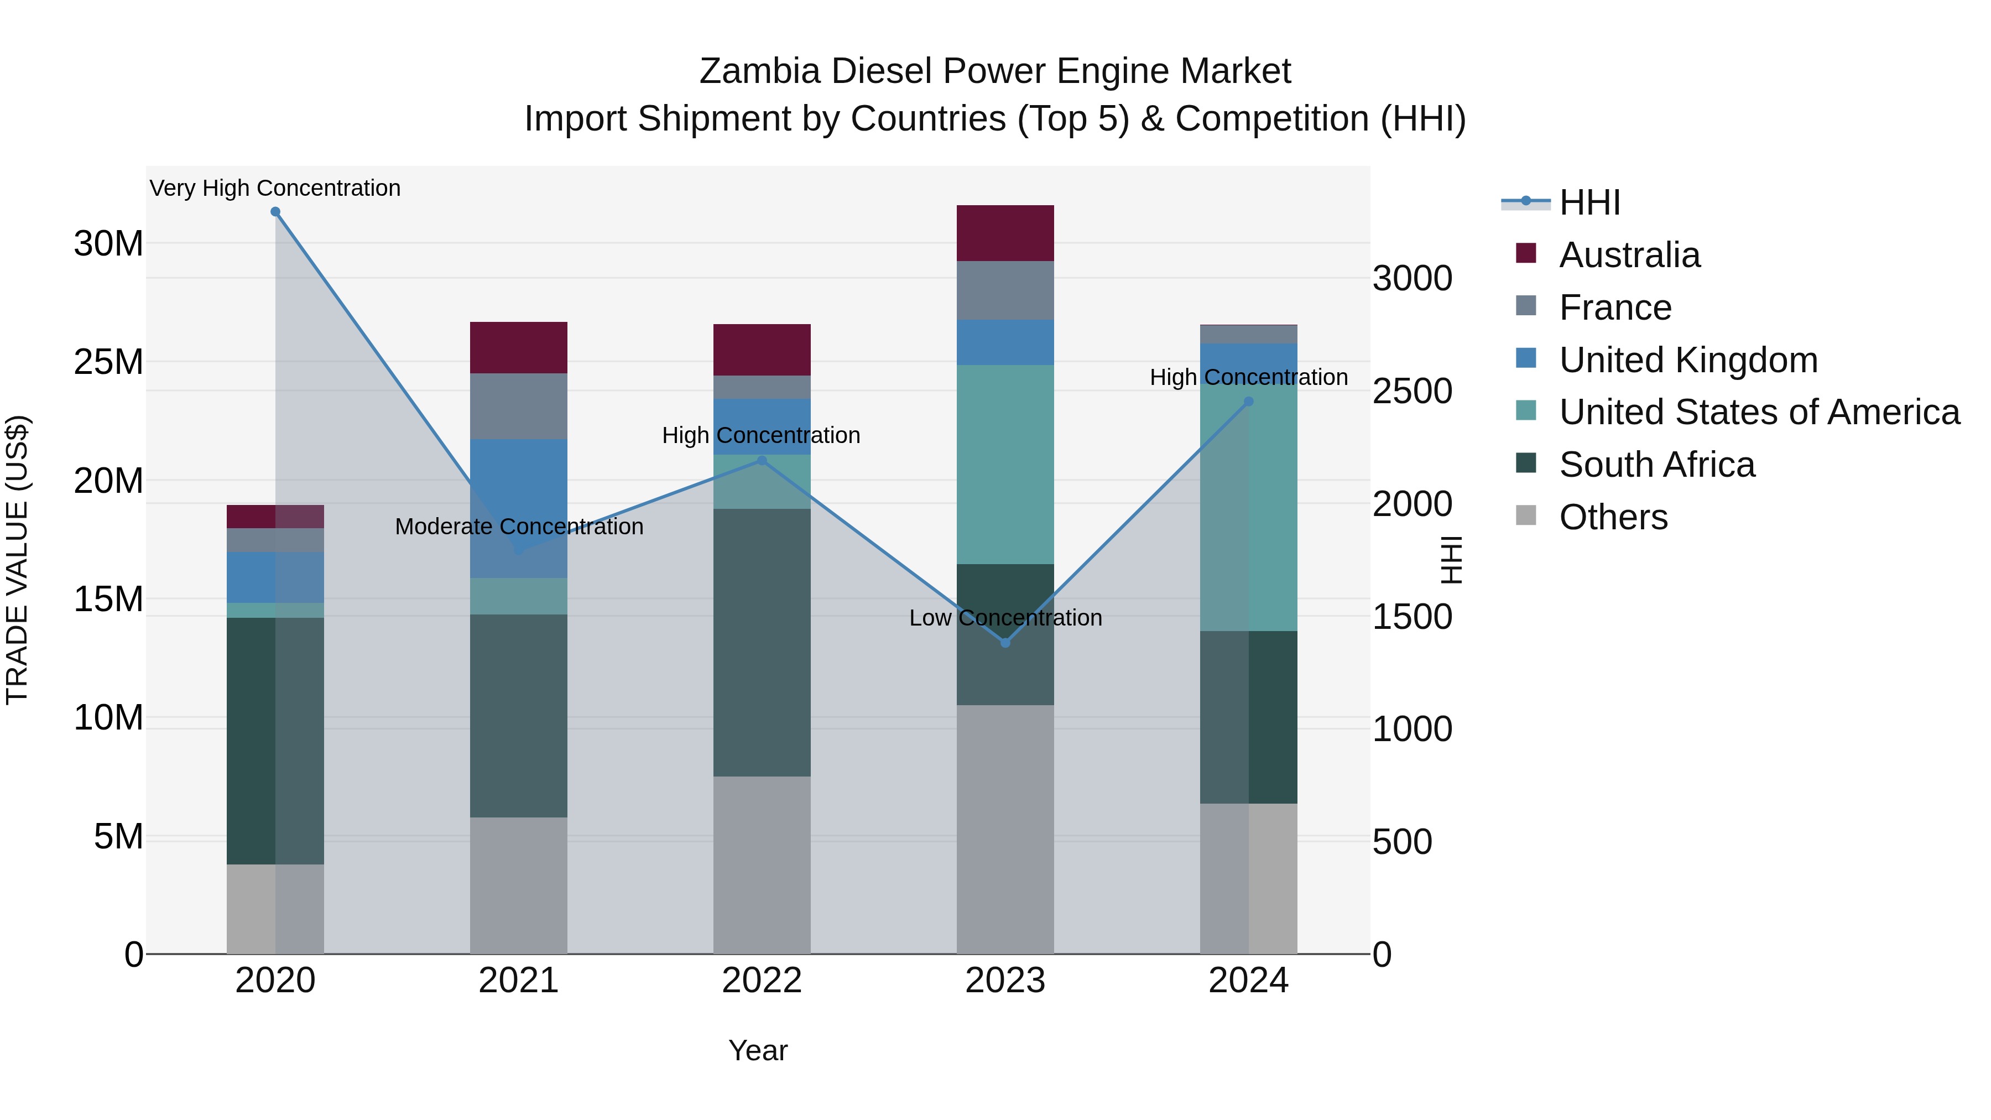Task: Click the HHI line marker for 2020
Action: click(275, 212)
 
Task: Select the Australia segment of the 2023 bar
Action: click(1005, 233)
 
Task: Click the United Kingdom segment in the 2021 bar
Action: click(519, 494)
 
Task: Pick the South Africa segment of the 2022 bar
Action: click(762, 642)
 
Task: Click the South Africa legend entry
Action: click(1656, 465)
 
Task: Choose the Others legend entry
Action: click(1613, 517)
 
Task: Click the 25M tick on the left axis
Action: click(108, 362)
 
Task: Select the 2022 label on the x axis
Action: click(762, 981)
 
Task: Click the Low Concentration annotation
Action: click(1005, 618)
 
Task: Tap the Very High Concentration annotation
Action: click(275, 188)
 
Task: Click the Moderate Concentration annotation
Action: click(519, 527)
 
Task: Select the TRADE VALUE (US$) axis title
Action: click(17, 560)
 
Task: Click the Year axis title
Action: click(758, 1050)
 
